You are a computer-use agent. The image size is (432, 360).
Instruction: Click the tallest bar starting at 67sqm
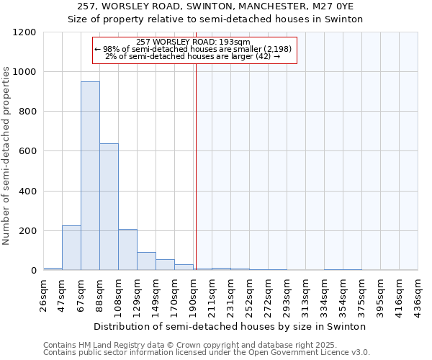coord(90,176)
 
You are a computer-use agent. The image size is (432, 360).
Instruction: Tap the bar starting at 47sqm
coord(71,248)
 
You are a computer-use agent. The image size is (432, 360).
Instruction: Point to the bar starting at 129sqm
coord(146,261)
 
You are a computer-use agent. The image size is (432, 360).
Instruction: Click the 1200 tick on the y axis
coord(24,32)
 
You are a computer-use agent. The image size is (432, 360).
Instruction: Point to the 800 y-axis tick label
coord(27,112)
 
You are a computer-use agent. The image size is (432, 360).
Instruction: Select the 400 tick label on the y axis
coord(27,192)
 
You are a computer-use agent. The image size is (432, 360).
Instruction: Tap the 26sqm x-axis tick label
coord(43,294)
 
